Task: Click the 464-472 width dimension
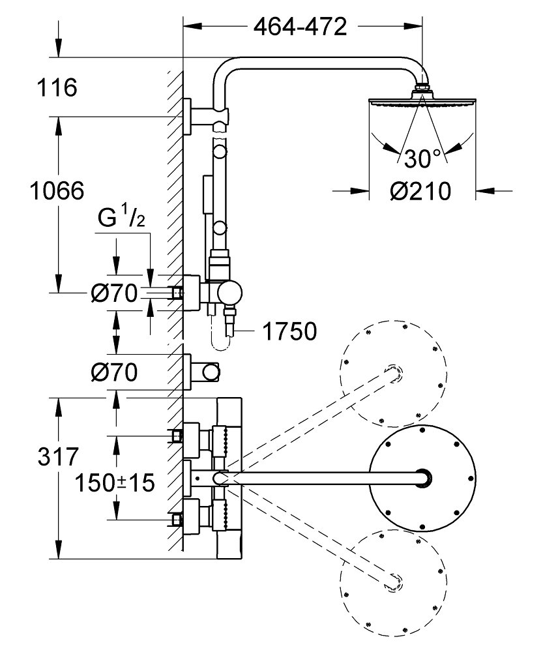click(301, 27)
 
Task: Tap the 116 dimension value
click(57, 87)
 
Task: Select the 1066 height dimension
click(57, 191)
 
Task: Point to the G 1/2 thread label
click(121, 218)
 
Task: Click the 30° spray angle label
click(421, 158)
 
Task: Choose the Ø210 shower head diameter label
click(420, 191)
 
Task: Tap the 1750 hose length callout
click(289, 331)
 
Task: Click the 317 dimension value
click(58, 456)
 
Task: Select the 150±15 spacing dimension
click(115, 482)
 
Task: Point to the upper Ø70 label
click(114, 293)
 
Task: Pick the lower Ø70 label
click(114, 372)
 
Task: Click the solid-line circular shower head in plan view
click(422, 478)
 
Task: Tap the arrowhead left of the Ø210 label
click(360, 191)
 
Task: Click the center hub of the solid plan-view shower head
click(423, 477)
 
